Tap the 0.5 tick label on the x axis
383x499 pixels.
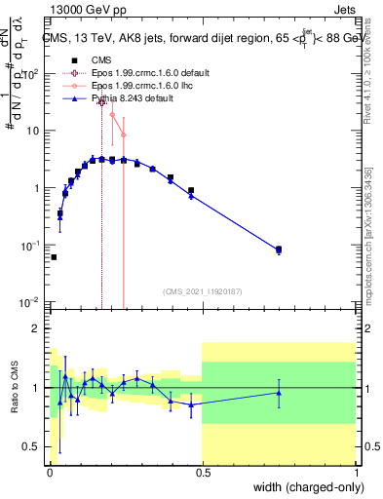pyautogui.click(x=202, y=472)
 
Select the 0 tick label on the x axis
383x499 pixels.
pyautogui.click(x=50, y=472)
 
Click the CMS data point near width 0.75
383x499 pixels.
pyautogui.click(x=279, y=249)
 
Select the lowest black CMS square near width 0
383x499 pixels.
pyautogui.click(x=54, y=257)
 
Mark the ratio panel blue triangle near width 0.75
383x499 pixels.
pyautogui.click(x=279, y=393)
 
